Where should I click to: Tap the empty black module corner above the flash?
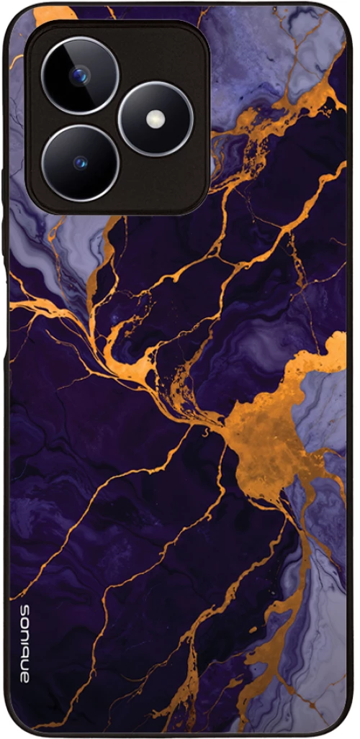coord(173,50)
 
